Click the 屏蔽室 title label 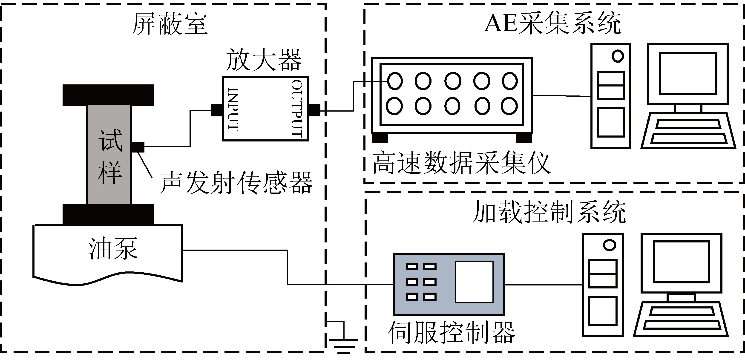(x=170, y=24)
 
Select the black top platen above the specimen (x=109, y=95)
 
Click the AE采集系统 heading (x=552, y=23)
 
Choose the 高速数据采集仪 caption (x=461, y=163)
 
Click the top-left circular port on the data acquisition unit (x=395, y=81)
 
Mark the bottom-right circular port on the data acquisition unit (x=509, y=106)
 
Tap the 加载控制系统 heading (x=549, y=212)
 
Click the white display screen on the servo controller (x=474, y=282)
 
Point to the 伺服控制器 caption (x=451, y=333)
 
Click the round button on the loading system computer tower (x=609, y=245)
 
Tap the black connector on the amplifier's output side (x=315, y=110)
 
